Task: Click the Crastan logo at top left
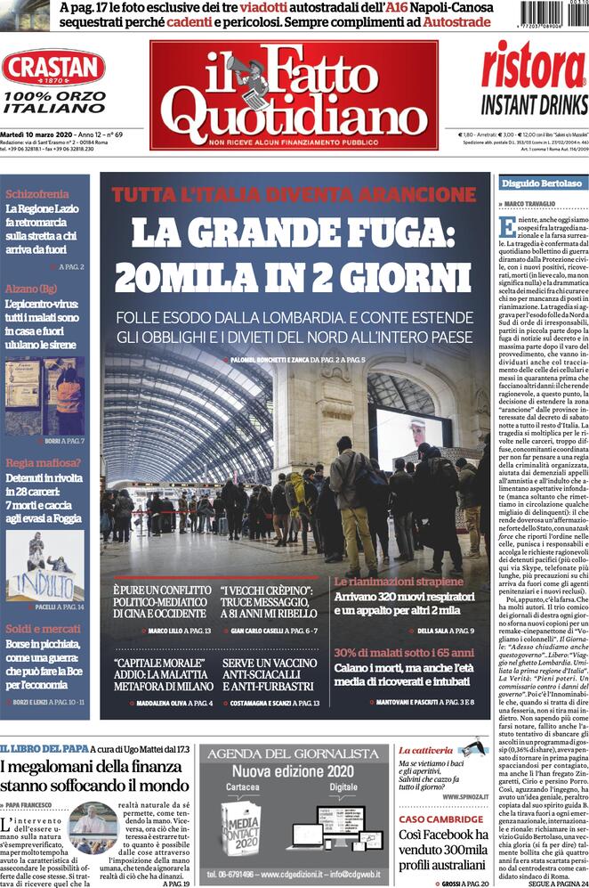pyautogui.click(x=52, y=69)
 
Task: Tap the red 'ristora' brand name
pyautogui.click(x=534, y=67)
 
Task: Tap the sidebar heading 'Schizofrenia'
pyautogui.click(x=36, y=194)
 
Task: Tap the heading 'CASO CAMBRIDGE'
pyautogui.click(x=440, y=819)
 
